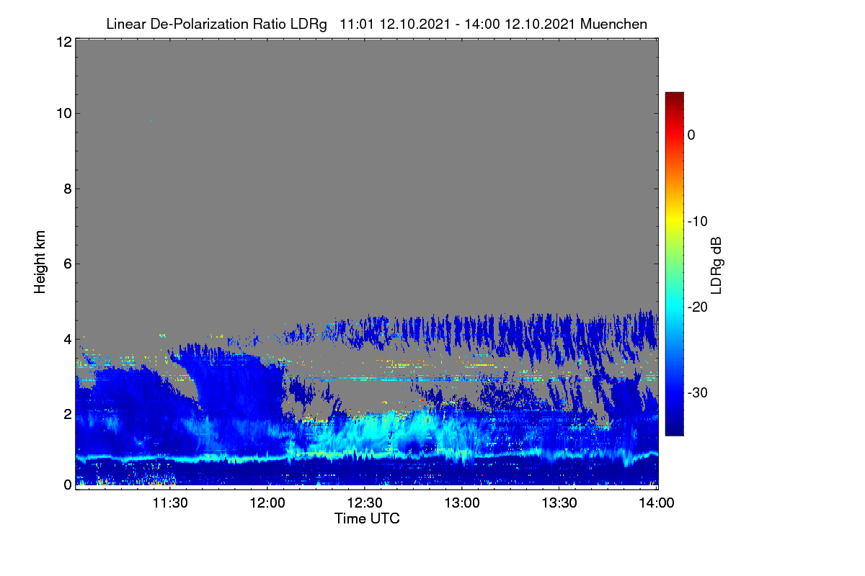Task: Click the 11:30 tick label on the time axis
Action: pos(170,503)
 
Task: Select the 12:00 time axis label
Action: pos(267,503)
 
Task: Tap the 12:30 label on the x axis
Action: pos(365,503)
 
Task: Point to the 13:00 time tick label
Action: pos(462,503)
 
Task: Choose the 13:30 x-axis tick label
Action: pos(559,503)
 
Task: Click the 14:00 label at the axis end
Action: pos(657,503)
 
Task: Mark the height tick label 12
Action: pos(64,42)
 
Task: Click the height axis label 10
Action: pos(64,114)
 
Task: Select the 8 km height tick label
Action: pos(68,189)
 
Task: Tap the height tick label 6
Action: pos(68,264)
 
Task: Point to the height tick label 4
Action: pos(68,339)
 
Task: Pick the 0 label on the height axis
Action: pos(68,485)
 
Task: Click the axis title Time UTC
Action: pos(367,518)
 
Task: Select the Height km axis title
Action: pos(40,262)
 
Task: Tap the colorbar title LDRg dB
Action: pos(716,266)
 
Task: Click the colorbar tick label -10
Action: pos(698,222)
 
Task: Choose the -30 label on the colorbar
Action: pos(698,392)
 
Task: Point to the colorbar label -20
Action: pos(698,307)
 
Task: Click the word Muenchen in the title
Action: pos(613,24)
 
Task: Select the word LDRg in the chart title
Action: pos(309,24)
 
